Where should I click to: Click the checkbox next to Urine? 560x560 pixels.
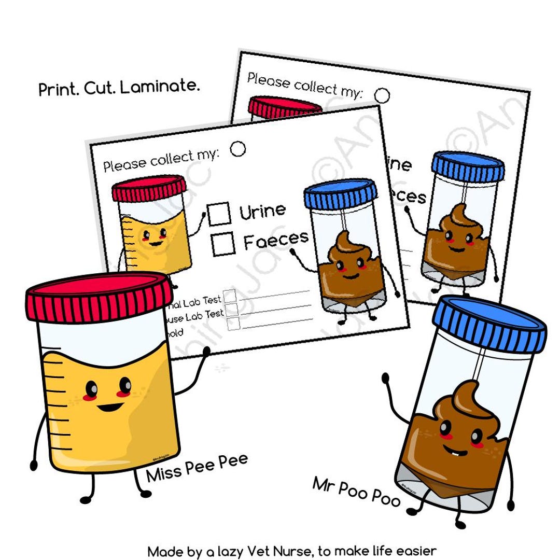pos(219,214)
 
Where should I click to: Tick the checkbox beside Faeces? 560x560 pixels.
pos(223,243)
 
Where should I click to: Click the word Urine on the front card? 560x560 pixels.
pos(263,210)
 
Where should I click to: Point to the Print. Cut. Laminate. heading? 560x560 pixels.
pos(119,87)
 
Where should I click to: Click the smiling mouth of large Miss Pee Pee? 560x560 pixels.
pos(110,407)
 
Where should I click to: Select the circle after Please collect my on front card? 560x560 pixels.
pos(238,149)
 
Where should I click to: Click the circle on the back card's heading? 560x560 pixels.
pos(382,95)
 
